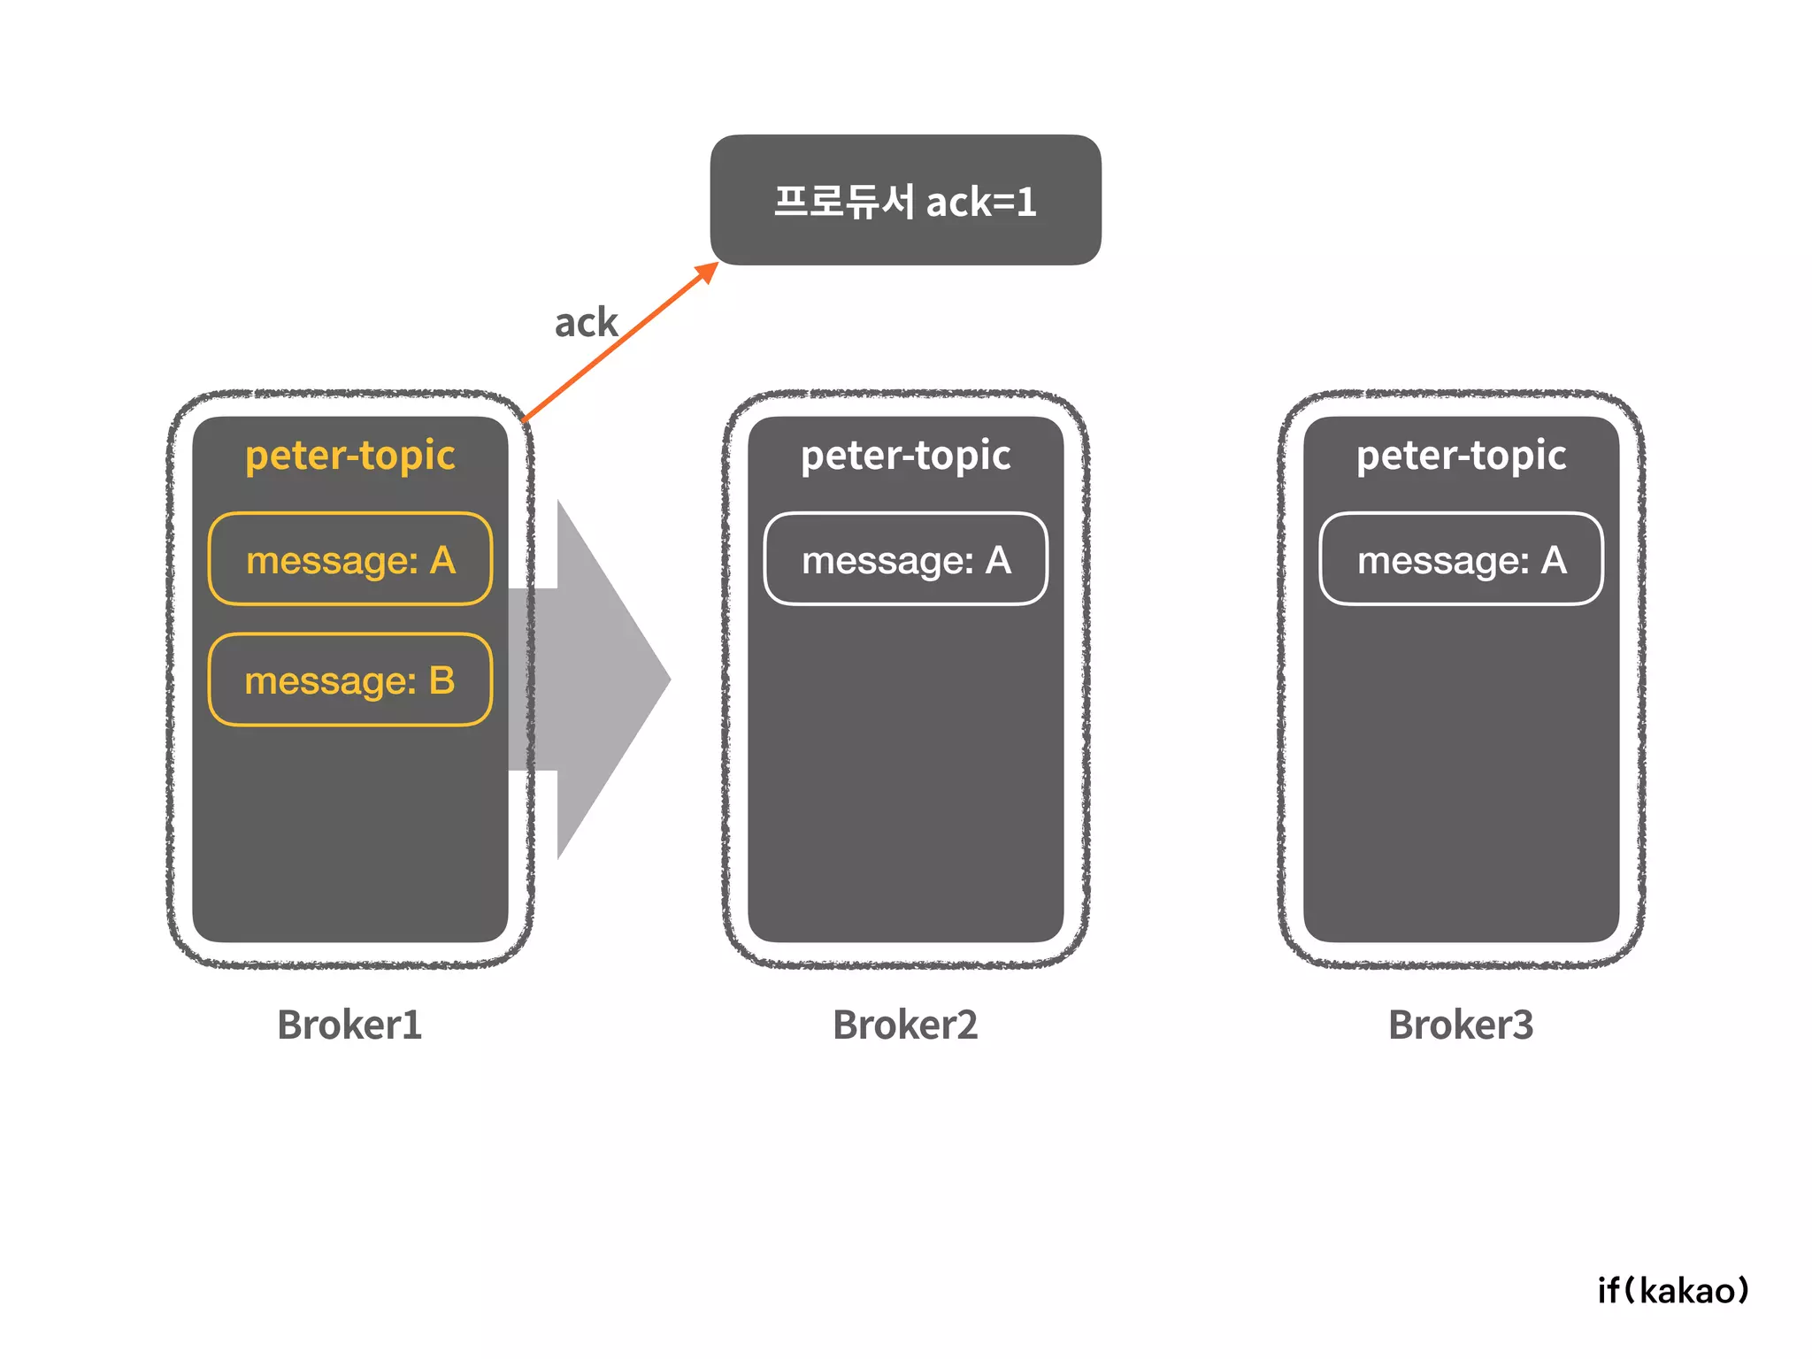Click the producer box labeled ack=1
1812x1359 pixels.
pos(905,200)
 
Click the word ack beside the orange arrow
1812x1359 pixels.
pos(586,323)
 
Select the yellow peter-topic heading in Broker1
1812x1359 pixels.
pos(350,456)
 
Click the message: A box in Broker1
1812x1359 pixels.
pos(350,559)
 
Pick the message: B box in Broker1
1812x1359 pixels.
pos(350,679)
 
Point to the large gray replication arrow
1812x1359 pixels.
pos(602,679)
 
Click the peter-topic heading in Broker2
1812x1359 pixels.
pos(905,456)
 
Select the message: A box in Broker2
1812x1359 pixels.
pos(905,559)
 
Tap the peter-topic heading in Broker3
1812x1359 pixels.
pos(1461,456)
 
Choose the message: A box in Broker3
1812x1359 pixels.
pos(1461,559)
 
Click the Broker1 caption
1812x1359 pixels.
pos(349,1025)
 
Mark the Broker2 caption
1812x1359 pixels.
pos(905,1025)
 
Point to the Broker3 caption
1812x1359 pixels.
pos(1461,1025)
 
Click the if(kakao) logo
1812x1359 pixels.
pos(1673,1291)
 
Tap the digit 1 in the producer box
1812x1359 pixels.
pos(1026,203)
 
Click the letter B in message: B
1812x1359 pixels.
pos(441,680)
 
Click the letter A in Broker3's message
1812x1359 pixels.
pos(1554,560)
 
